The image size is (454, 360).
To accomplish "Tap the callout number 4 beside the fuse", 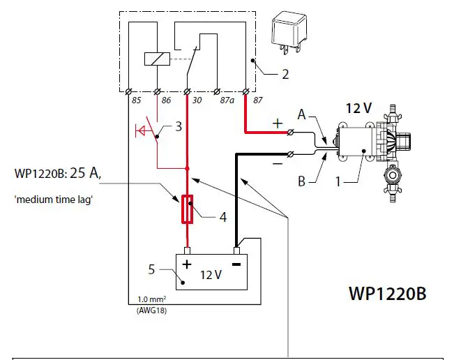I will coord(222,218).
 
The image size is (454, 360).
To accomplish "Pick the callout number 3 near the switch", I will coord(179,127).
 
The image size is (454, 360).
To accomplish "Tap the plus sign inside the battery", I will coord(186,264).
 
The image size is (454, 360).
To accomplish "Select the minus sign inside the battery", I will coord(236,264).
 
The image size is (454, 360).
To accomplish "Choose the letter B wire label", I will coord(302,182).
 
